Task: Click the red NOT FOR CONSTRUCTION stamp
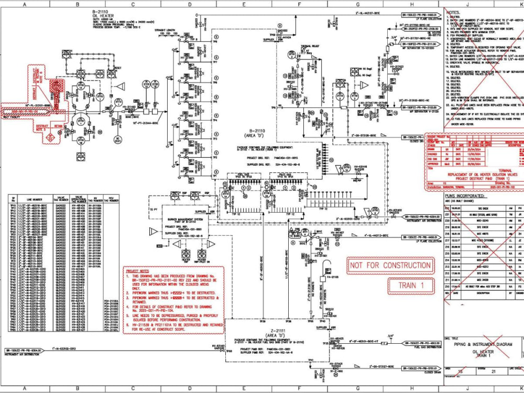[x=390, y=266]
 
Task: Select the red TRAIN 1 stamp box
[x=411, y=286]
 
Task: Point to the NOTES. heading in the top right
[x=453, y=12]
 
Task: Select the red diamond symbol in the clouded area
[x=50, y=138]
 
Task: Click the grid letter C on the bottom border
[x=133, y=389]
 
